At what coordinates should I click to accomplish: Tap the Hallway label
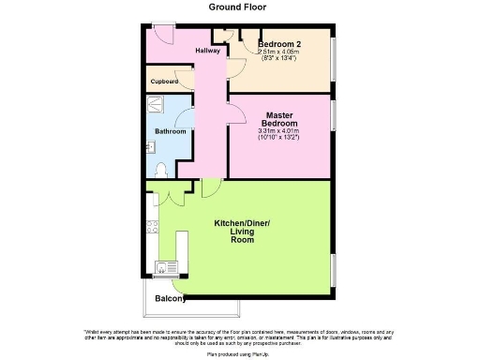coord(207,51)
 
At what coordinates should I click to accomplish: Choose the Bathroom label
coord(170,131)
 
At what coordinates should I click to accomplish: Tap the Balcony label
coord(171,300)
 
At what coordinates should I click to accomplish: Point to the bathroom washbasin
coord(150,146)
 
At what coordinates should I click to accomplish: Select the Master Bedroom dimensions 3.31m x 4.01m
coord(280,135)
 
